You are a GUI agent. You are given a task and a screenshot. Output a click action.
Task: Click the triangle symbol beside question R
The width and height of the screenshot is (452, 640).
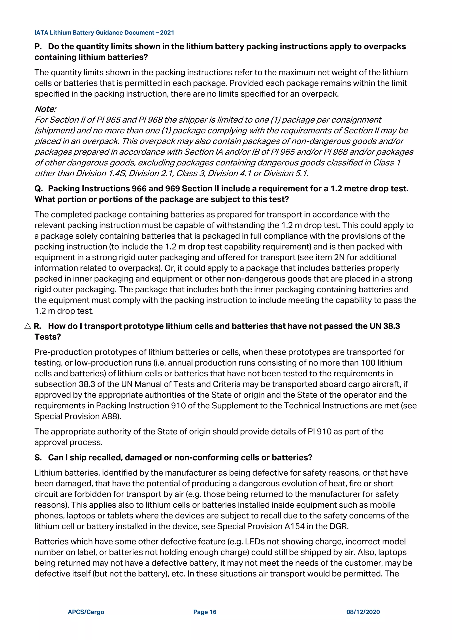(28, 326)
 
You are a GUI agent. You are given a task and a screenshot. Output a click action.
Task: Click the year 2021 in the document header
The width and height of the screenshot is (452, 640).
(167, 33)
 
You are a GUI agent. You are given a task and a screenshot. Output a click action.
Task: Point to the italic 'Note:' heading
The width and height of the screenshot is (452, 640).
(45, 109)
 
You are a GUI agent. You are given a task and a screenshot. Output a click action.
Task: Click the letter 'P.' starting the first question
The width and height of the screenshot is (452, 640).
(38, 47)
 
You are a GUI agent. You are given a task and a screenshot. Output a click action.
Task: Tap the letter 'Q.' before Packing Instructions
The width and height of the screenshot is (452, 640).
(39, 189)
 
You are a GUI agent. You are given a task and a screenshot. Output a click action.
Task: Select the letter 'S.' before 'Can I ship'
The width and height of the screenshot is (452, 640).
(38, 457)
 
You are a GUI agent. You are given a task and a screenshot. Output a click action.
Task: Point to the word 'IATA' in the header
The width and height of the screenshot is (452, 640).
(41, 33)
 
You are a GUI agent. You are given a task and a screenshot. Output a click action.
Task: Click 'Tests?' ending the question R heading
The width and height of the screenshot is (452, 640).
(48, 337)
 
